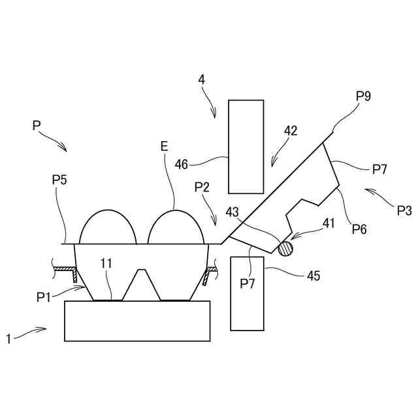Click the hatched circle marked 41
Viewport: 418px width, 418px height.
(x=285, y=248)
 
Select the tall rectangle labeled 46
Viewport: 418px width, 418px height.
(x=246, y=146)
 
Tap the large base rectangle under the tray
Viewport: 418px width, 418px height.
(x=137, y=321)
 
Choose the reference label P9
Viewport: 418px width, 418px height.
(x=364, y=96)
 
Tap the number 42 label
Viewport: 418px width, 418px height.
(x=290, y=131)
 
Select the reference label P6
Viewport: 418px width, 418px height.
(x=359, y=229)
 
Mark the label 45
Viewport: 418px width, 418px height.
(x=313, y=276)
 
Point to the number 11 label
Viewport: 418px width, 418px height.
(x=106, y=263)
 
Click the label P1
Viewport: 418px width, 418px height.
(x=44, y=297)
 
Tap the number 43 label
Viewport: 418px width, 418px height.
(x=233, y=212)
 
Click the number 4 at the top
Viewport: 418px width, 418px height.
(x=202, y=80)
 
